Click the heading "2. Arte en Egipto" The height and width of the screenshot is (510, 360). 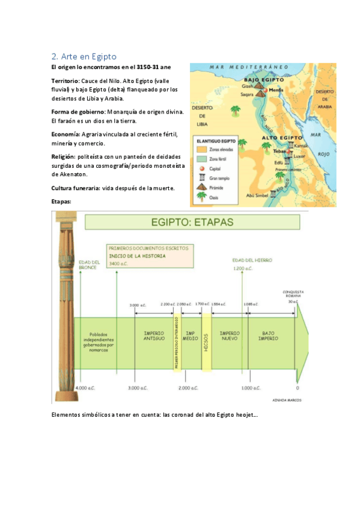(88, 56)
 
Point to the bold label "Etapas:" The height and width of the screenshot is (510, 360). (62, 201)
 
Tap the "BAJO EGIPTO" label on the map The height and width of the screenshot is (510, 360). (263, 79)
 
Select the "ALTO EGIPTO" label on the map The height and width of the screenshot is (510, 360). (281, 138)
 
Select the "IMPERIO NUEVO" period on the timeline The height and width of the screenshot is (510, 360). (230, 336)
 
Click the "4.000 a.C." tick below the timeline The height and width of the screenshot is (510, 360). (85, 389)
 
